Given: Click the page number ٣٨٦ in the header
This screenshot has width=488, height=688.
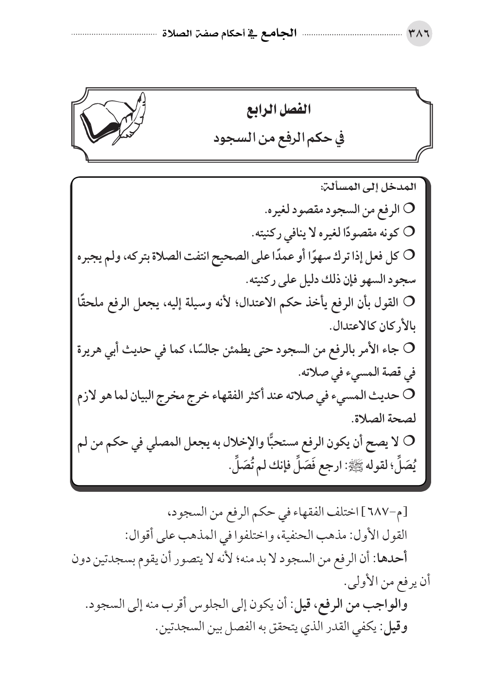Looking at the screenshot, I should point(418,35).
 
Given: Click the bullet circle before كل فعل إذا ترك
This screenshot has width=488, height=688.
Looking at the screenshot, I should point(407,254).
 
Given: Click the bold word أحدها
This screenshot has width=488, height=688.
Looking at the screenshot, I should point(393,558).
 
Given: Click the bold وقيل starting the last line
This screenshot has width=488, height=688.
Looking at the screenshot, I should point(395,628).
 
